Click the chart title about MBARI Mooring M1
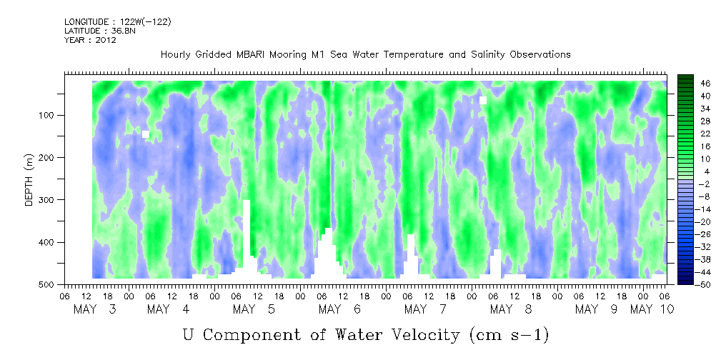[x=365, y=54]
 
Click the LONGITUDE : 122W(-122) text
[x=117, y=22]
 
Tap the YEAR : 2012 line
[x=90, y=40]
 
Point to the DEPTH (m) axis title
[x=29, y=183]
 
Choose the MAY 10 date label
[x=652, y=309]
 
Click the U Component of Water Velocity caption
[x=365, y=334]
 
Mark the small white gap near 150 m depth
[x=146, y=134]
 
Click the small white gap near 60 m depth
[x=483, y=100]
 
